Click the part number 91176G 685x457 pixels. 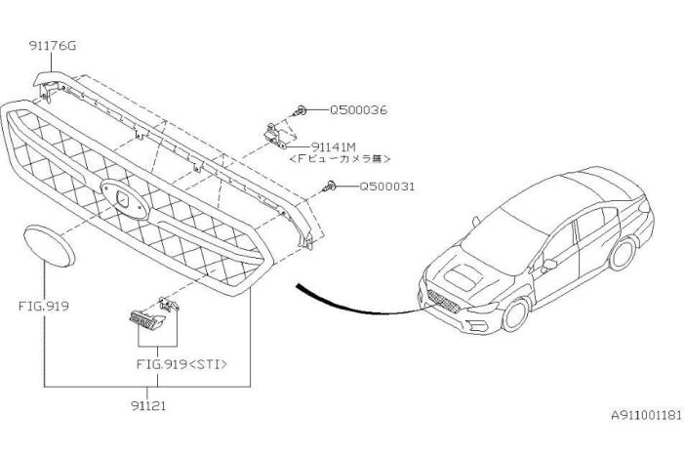coord(53,46)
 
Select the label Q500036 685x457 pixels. coord(358,109)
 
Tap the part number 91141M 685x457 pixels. coord(334,146)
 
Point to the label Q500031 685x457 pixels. coord(386,187)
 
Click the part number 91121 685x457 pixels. coord(148,406)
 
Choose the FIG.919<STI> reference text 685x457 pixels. coord(181,364)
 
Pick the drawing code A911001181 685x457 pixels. coord(646,415)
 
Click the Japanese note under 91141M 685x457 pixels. coord(340,159)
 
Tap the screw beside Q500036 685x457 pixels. coord(300,110)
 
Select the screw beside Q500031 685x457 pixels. coord(330,187)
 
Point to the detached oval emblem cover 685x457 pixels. coord(49,246)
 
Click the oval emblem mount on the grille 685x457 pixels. coord(125,198)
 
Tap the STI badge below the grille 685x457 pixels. coord(146,319)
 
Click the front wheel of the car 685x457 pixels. coord(516,314)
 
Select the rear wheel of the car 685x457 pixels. coord(623,254)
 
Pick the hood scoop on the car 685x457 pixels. coord(463,278)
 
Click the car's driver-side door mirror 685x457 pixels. coord(547,265)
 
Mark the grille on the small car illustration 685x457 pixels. coord(443,302)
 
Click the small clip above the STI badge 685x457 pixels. coord(169,304)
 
